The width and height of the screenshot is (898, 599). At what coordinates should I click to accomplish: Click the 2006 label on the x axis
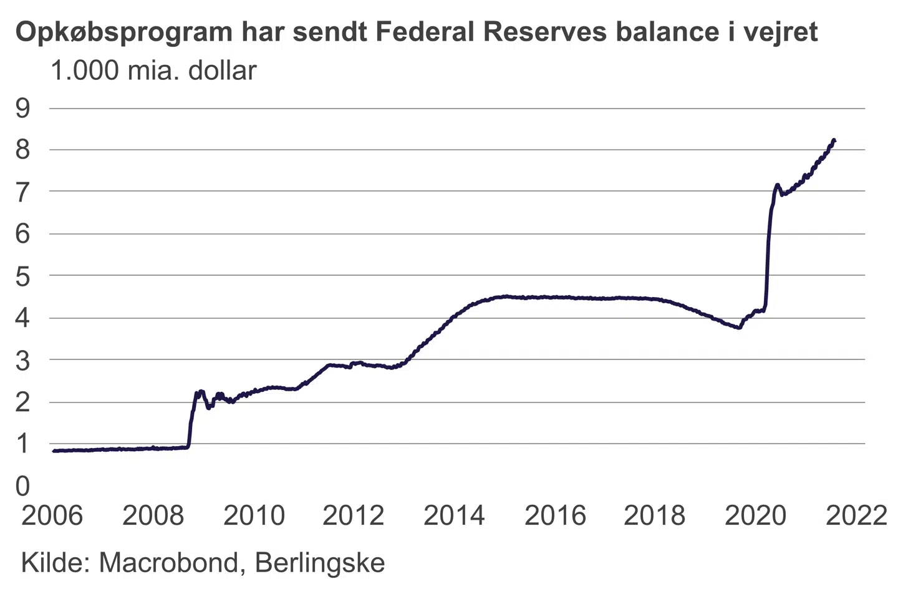coord(52,516)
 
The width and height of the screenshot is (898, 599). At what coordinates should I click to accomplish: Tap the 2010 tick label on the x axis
coord(254,516)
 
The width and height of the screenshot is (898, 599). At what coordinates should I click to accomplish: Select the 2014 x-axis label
coord(454,516)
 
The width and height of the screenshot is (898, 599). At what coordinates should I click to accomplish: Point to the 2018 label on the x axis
coord(654,516)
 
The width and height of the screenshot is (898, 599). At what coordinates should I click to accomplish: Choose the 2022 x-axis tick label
coord(856,516)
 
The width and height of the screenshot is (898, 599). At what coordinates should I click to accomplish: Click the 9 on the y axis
coord(23,109)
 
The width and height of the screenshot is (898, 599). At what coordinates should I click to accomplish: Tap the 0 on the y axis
coord(23,485)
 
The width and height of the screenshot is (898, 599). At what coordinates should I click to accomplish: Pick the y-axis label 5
coord(23,276)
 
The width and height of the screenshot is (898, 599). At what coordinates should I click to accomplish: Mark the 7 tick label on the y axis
coord(23,192)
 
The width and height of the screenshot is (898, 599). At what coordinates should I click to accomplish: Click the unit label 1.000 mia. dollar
coord(153,71)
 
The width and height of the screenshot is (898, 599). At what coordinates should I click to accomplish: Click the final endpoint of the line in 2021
coord(834,140)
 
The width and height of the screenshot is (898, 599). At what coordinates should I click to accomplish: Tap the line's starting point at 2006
coord(54,450)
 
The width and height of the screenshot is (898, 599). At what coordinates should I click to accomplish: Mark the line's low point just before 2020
coord(739,328)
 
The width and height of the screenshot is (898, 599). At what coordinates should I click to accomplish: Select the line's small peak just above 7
coord(777,185)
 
